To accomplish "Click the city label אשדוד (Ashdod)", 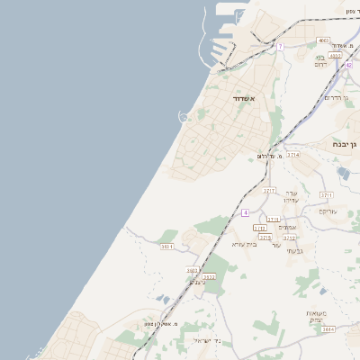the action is [x=244, y=98].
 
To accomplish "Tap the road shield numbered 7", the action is [x=280, y=46].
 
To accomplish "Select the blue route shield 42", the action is [x=348, y=65].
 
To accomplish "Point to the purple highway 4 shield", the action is [x=245, y=212].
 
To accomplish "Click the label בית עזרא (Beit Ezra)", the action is [x=244, y=244].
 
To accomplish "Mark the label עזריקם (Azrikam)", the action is [x=328, y=211].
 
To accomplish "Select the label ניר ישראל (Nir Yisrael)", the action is [x=206, y=340].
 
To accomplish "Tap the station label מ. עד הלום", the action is [x=270, y=156].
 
